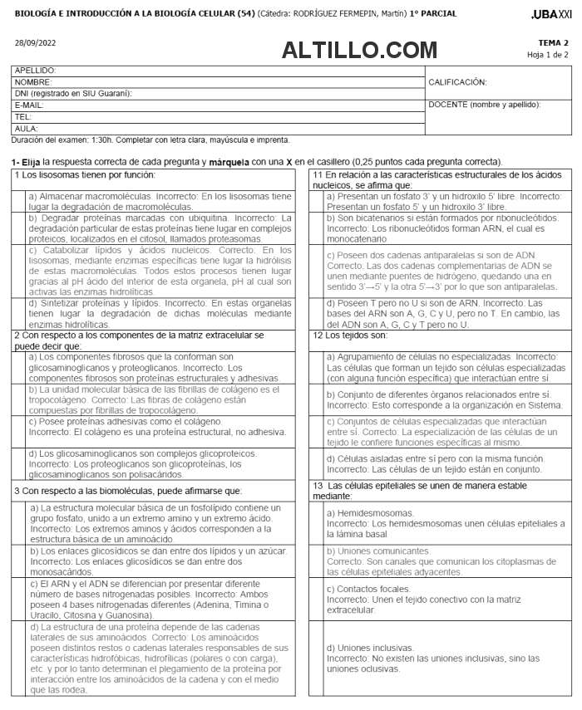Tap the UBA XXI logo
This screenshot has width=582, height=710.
[551, 14]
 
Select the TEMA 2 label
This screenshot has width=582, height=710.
[553, 42]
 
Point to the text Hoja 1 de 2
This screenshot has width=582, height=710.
[548, 55]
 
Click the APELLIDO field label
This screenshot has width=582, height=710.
[36, 71]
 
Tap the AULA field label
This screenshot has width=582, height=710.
[27, 129]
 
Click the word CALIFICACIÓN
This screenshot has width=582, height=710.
[457, 82]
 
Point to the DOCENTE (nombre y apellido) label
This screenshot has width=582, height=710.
[484, 105]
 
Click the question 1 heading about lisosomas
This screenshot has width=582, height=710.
[84, 174]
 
